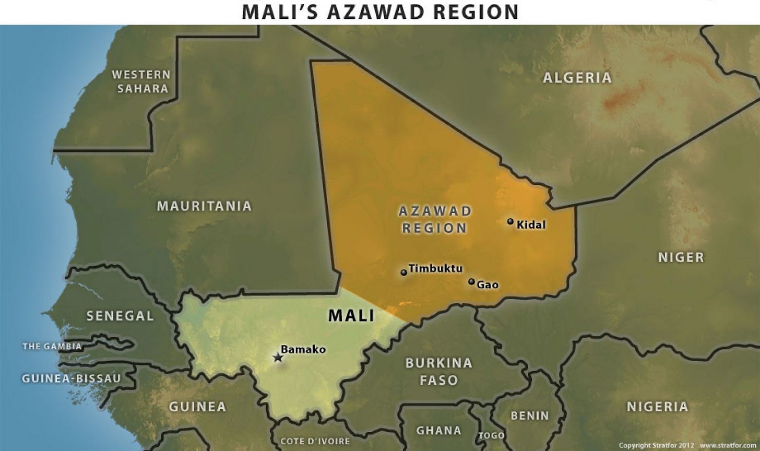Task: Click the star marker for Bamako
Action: (277, 358)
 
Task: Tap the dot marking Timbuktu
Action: (403, 272)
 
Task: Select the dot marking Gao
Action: (471, 282)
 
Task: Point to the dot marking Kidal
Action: (510, 221)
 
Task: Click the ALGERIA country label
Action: (577, 78)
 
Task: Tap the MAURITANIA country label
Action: (205, 206)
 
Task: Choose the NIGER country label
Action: (681, 257)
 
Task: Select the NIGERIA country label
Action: (657, 407)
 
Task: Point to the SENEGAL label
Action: (120, 316)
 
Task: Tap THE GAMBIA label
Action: (52, 346)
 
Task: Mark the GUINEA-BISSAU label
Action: (71, 378)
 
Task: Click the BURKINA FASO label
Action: (438, 371)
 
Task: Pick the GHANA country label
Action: (438, 431)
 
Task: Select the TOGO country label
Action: (491, 435)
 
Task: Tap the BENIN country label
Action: (529, 416)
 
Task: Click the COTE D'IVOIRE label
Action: (315, 442)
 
